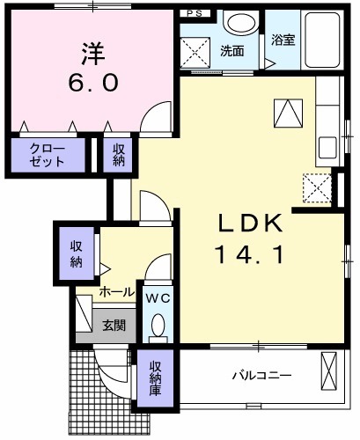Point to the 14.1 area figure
point(249,256)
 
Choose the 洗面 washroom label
point(233,51)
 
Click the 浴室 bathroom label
point(282,40)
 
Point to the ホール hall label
point(116,292)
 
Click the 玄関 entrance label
point(114,325)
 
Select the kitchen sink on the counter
point(326,145)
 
